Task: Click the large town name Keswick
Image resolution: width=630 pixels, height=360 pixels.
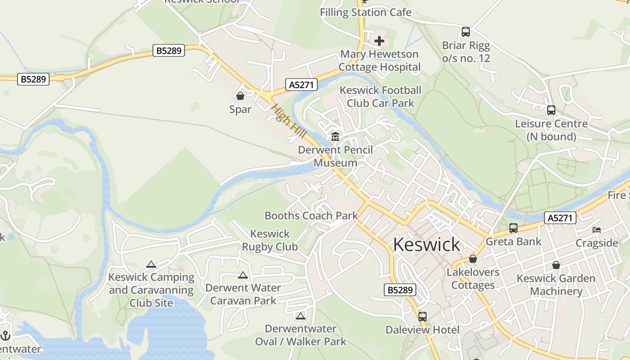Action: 426,244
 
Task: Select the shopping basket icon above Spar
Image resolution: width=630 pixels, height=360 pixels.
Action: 240,96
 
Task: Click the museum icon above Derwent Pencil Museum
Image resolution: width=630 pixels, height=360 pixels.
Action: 335,137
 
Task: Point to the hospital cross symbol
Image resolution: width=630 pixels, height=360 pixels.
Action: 379,41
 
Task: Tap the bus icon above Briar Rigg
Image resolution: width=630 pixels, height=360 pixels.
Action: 466,32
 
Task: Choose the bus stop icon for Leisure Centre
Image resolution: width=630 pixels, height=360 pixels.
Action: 551,110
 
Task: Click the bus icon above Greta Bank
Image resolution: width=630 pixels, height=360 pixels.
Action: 513,228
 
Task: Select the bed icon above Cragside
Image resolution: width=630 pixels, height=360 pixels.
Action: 597,230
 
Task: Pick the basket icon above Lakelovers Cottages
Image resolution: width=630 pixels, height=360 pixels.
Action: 473,259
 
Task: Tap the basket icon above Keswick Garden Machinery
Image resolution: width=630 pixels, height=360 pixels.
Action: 556,265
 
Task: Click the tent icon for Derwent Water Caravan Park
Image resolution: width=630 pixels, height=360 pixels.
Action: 243,275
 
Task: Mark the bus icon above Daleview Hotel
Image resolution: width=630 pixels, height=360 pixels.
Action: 422,316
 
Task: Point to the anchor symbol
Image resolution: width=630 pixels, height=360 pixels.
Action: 5,335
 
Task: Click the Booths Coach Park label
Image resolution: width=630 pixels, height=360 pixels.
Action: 311,216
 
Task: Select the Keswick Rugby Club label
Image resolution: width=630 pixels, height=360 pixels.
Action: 270,240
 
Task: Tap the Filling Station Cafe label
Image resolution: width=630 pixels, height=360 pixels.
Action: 365,12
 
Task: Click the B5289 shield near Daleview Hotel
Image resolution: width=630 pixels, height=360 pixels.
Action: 400,290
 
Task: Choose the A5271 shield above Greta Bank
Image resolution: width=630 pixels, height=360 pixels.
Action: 560,218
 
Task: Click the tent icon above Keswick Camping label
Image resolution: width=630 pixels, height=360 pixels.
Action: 151,264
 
